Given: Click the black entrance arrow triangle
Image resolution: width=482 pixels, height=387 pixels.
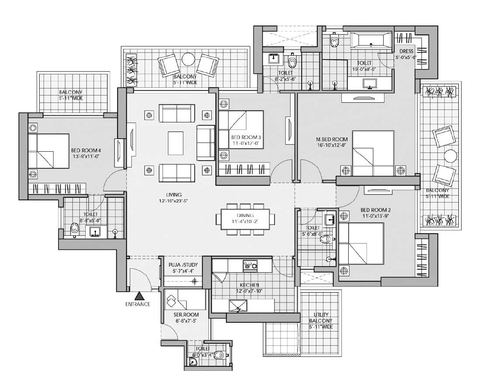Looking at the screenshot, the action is pyautogui.click(x=140, y=296).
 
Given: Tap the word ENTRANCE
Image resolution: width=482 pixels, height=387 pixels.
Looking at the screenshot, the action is pyautogui.click(x=138, y=304).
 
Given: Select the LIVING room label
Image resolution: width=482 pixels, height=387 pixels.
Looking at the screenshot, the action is pyautogui.click(x=173, y=195).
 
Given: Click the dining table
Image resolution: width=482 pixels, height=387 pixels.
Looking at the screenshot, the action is pyautogui.click(x=245, y=219).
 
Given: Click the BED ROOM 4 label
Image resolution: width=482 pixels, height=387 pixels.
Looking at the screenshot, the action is pyautogui.click(x=86, y=150).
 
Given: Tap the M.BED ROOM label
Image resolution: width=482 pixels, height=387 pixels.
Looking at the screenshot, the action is pyautogui.click(x=332, y=139).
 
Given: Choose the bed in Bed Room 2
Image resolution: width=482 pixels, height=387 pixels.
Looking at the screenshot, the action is pyautogui.click(x=361, y=243).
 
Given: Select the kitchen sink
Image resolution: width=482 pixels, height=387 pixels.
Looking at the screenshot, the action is pyautogui.click(x=238, y=306).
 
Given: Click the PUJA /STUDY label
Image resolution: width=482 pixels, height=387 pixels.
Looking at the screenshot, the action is pyautogui.click(x=183, y=265).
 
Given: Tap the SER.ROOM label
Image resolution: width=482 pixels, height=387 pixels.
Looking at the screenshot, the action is pyautogui.click(x=186, y=315).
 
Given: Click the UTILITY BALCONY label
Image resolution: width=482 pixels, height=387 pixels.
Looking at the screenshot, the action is pyautogui.click(x=321, y=317).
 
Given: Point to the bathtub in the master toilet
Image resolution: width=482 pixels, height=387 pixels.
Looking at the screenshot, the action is pyautogui.click(x=371, y=40).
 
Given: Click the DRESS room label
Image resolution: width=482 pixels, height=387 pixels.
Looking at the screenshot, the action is pyautogui.click(x=406, y=51).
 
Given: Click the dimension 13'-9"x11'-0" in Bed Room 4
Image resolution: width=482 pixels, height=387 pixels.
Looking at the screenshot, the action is pyautogui.click(x=86, y=156).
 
